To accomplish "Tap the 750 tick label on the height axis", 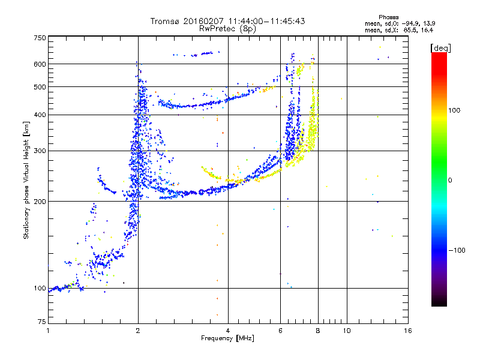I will (x=40, y=38).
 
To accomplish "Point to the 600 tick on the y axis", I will (x=40, y=64).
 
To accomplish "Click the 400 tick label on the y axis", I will (x=40, y=115).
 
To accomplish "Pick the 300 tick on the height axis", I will (x=40, y=151).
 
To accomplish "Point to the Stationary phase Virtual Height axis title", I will (x=26, y=180).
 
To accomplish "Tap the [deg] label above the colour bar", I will (x=440, y=47).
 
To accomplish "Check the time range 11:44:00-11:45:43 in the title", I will (x=265, y=21).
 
